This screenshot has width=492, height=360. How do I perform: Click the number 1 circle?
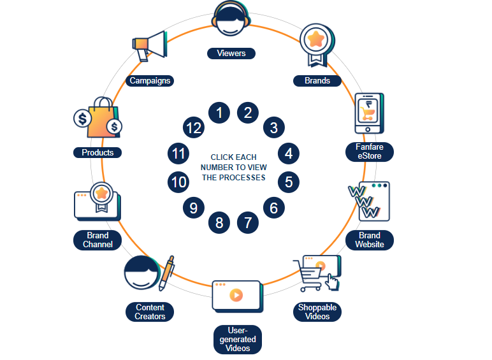tap(219, 113)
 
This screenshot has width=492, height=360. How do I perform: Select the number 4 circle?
tap(289, 153)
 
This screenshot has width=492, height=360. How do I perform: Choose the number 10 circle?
tap(179, 182)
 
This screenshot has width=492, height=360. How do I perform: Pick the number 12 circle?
tap(193, 127)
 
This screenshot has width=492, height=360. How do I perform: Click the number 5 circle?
tap(289, 182)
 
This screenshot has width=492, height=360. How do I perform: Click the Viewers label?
tap(231, 54)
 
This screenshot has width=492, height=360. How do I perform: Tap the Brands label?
tap(317, 81)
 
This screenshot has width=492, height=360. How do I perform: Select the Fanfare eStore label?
tap(374, 152)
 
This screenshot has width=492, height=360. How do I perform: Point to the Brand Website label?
tap(370, 240)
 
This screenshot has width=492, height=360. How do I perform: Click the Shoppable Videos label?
tap(317, 312)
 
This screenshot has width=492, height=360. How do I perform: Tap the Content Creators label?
tap(150, 312)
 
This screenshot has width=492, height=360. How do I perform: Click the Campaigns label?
tap(150, 81)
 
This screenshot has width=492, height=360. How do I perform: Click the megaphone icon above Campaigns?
tap(148, 47)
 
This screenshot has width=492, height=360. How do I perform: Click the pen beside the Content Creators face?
tap(167, 272)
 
